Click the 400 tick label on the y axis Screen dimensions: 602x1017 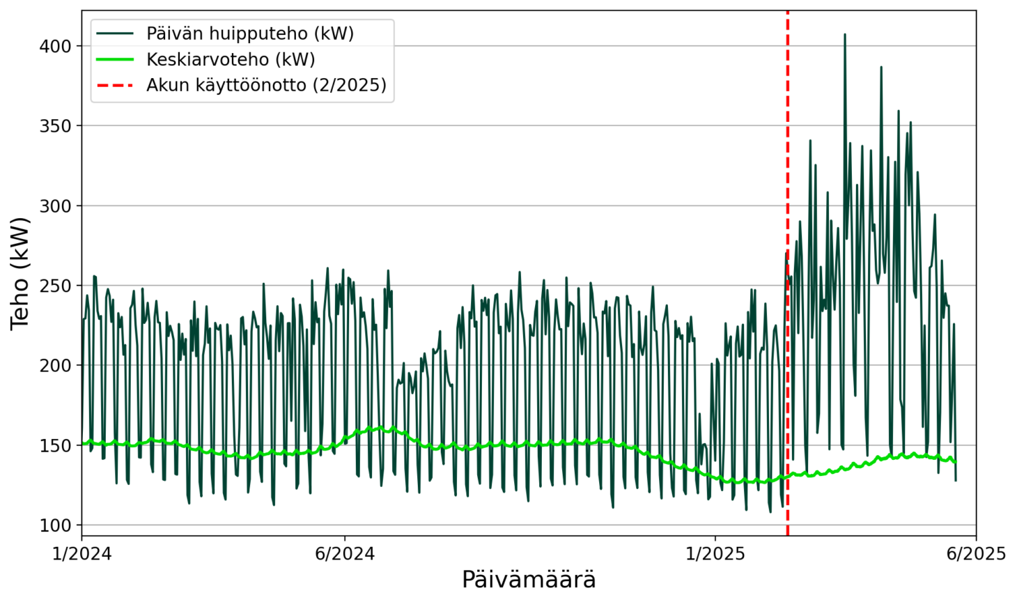56,46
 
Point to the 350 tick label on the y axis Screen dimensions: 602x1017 56,126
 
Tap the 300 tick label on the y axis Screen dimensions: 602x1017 56,206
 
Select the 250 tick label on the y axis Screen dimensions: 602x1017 56,286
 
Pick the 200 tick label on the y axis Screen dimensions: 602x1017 56,365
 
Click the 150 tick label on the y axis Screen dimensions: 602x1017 56,445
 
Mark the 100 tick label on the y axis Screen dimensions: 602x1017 56,525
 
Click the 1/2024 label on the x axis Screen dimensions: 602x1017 82,554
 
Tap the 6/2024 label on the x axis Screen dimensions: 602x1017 345,554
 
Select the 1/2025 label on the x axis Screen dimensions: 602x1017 715,554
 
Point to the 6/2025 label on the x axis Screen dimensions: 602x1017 976,554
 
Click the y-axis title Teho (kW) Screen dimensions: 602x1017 21,273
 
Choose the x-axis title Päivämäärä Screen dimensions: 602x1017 529,580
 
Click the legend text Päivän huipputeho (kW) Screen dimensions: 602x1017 250,33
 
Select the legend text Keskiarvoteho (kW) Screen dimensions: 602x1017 231,59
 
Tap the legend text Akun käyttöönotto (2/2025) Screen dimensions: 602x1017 266,85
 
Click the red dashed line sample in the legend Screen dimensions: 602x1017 115,85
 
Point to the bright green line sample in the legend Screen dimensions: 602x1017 115,59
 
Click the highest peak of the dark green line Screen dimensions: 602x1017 845,34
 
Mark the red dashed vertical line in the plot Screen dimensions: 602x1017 788,314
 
